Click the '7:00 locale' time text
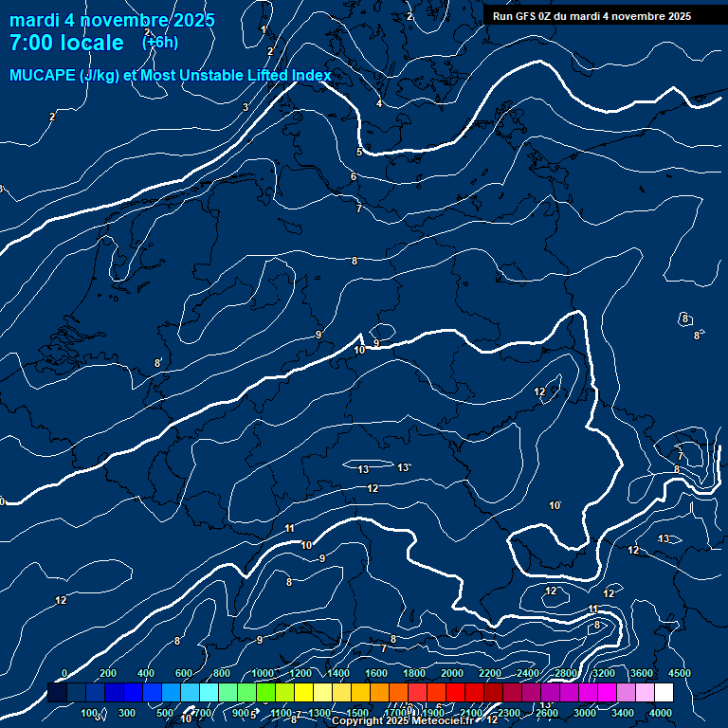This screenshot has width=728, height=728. pos(66,43)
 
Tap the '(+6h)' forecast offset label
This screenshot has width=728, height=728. pos(159,42)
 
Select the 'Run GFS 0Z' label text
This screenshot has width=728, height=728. pos(526,16)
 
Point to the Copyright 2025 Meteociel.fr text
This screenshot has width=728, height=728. pos(409,720)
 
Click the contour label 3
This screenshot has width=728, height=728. pos(246,107)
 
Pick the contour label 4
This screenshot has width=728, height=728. pos(379,103)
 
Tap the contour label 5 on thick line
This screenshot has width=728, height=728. pos(359,152)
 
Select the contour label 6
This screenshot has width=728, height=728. pos(353,176)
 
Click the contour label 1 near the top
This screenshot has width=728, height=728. pos(264,30)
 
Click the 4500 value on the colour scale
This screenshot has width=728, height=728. pos(679,673)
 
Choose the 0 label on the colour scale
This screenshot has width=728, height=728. pos(64,673)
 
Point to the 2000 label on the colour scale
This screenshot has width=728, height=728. pos(452,673)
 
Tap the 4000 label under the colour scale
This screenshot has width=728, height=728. pos(661,713)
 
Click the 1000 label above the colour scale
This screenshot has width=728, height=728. pos(263,673)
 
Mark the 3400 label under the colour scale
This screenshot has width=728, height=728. pos(623,713)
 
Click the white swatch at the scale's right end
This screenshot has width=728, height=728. pos(664,693)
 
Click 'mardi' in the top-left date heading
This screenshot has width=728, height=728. pos(35,20)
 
